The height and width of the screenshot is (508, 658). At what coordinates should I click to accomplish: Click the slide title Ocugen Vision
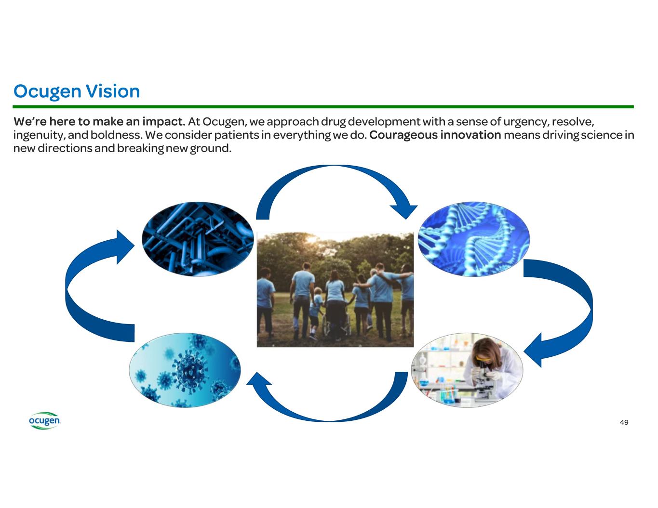[77, 91]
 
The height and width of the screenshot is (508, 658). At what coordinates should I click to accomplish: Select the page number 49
[624, 422]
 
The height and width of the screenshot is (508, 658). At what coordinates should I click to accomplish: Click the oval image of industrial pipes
[198, 239]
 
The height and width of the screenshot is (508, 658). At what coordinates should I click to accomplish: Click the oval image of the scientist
[467, 369]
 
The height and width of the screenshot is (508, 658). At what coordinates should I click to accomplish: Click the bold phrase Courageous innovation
[435, 135]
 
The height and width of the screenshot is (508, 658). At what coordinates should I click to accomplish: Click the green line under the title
[323, 106]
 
